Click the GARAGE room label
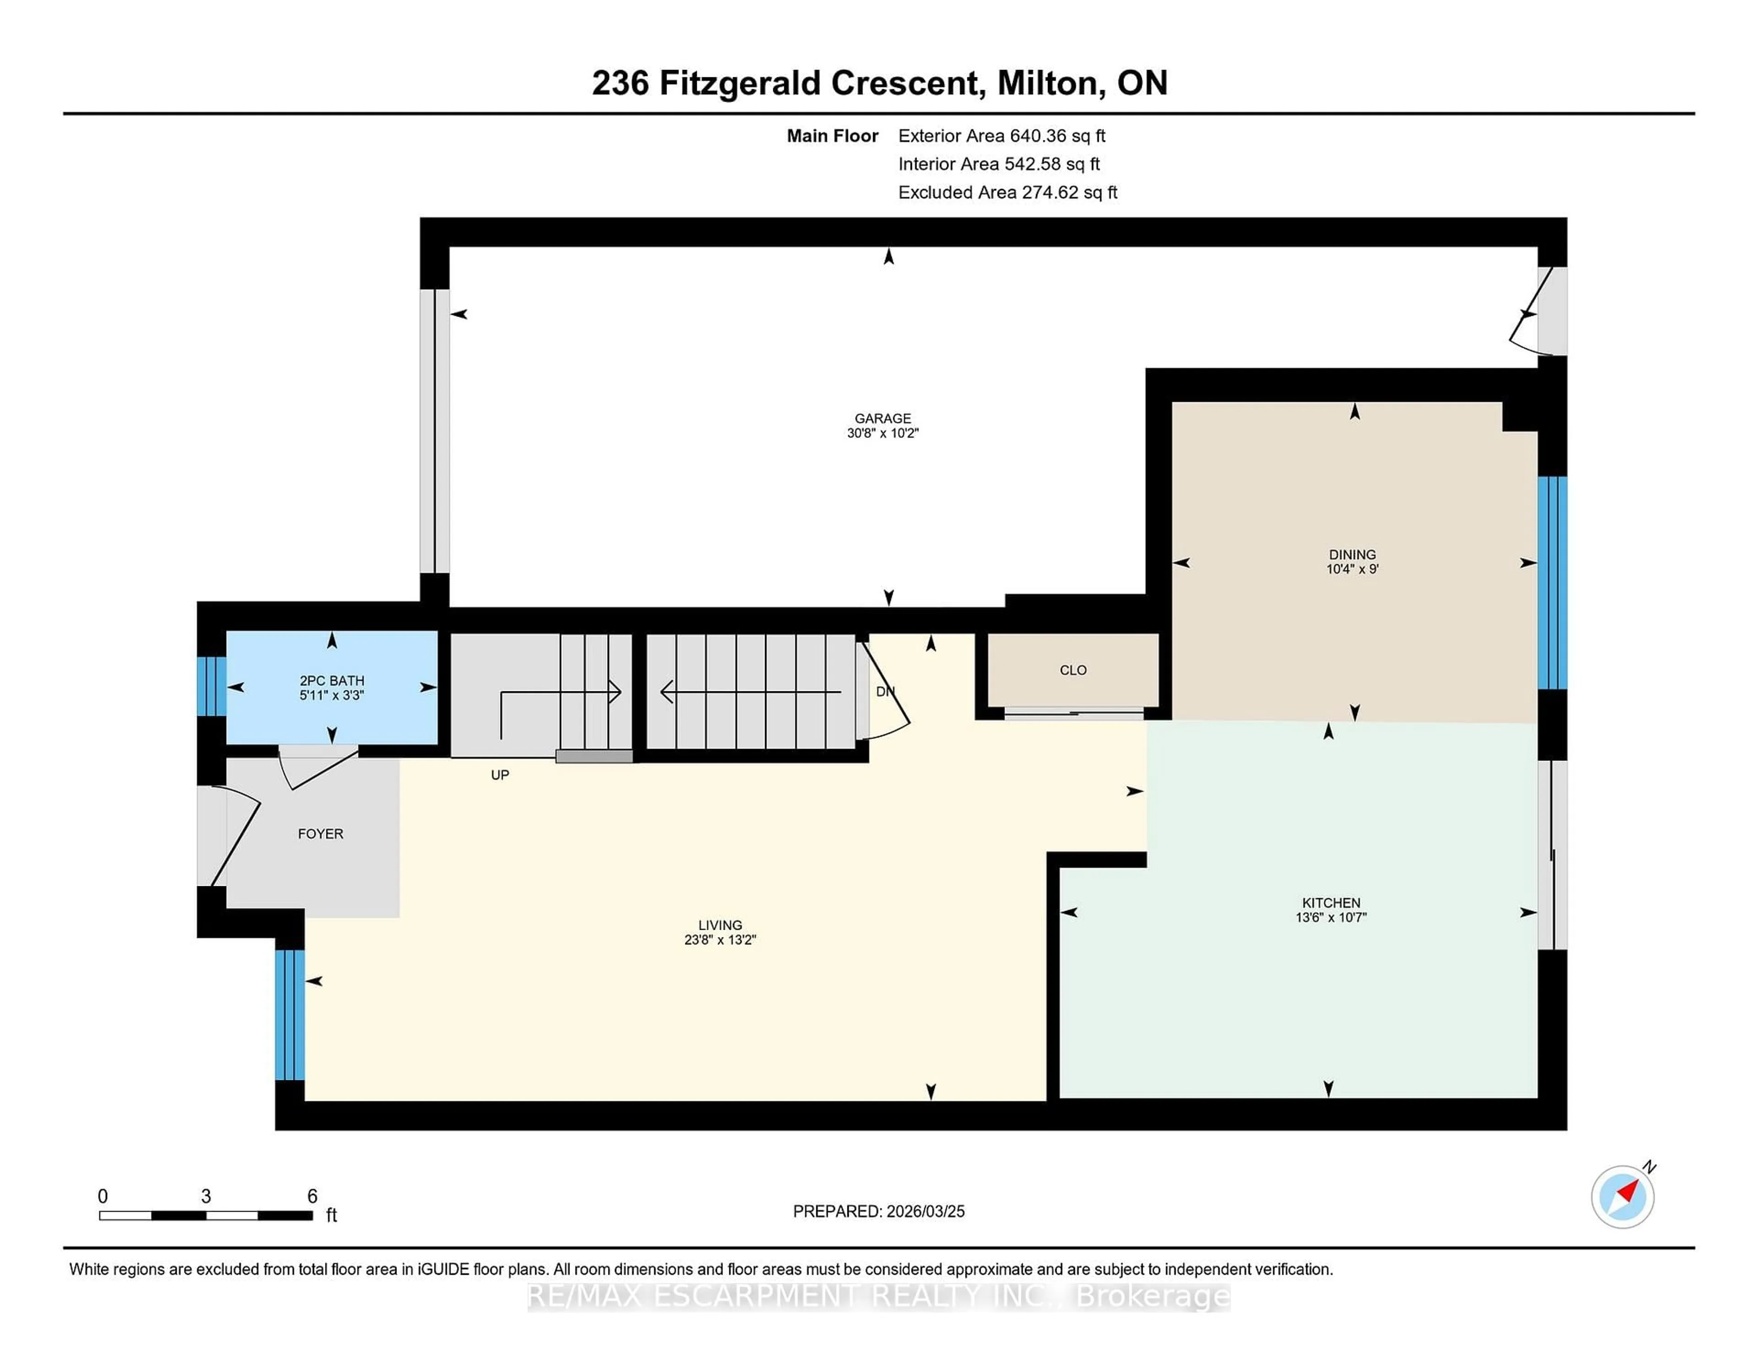pos(882,418)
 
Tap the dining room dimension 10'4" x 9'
pos(1352,569)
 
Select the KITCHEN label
pos(1330,903)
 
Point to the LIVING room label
pos(720,925)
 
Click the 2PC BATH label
pos(331,681)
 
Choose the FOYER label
pos(320,834)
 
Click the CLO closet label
pos(1073,670)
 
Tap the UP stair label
pos(500,775)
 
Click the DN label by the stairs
pos(884,691)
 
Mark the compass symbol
pos(1622,1196)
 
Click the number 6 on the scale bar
pos(312,1196)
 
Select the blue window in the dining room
pos(1552,582)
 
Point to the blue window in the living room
pos(290,1014)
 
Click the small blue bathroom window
pos(212,686)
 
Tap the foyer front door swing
pos(233,837)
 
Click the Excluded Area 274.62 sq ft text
pos(1007,192)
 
